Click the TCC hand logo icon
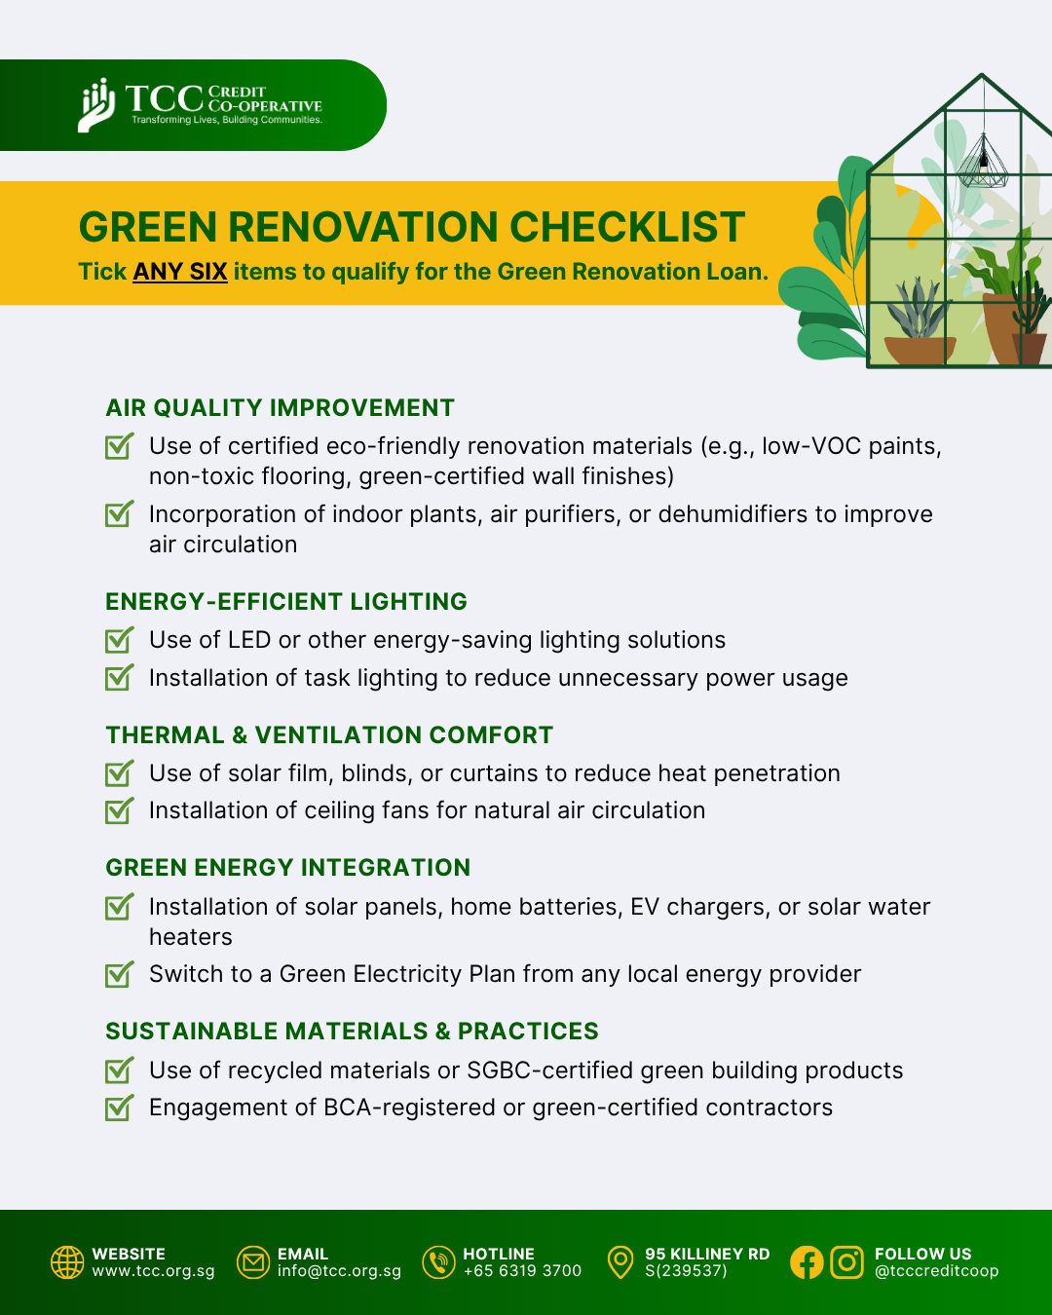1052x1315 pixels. tap(96, 105)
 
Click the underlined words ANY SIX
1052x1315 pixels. tap(180, 272)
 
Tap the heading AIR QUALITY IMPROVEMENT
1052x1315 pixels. tap(280, 407)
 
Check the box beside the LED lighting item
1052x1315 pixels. tap(119, 640)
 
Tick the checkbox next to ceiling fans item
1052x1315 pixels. tap(119, 810)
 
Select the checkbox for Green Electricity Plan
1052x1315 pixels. tap(119, 974)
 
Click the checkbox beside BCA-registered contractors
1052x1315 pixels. tap(119, 1108)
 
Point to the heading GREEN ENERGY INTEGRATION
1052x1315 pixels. tap(288, 868)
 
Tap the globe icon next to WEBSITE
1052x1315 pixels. tap(67, 1262)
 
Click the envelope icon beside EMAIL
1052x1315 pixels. tap(253, 1262)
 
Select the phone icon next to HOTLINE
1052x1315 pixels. tap(439, 1262)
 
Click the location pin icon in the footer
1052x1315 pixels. tap(620, 1262)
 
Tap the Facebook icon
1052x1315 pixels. tap(807, 1262)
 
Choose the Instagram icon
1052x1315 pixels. tap(847, 1262)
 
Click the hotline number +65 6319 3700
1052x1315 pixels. tap(523, 1271)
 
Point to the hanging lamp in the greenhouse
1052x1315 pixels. tap(983, 163)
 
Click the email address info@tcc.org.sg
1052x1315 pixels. tap(339, 1271)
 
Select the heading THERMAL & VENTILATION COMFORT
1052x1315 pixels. tap(329, 735)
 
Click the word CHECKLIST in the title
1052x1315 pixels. tap(627, 227)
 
